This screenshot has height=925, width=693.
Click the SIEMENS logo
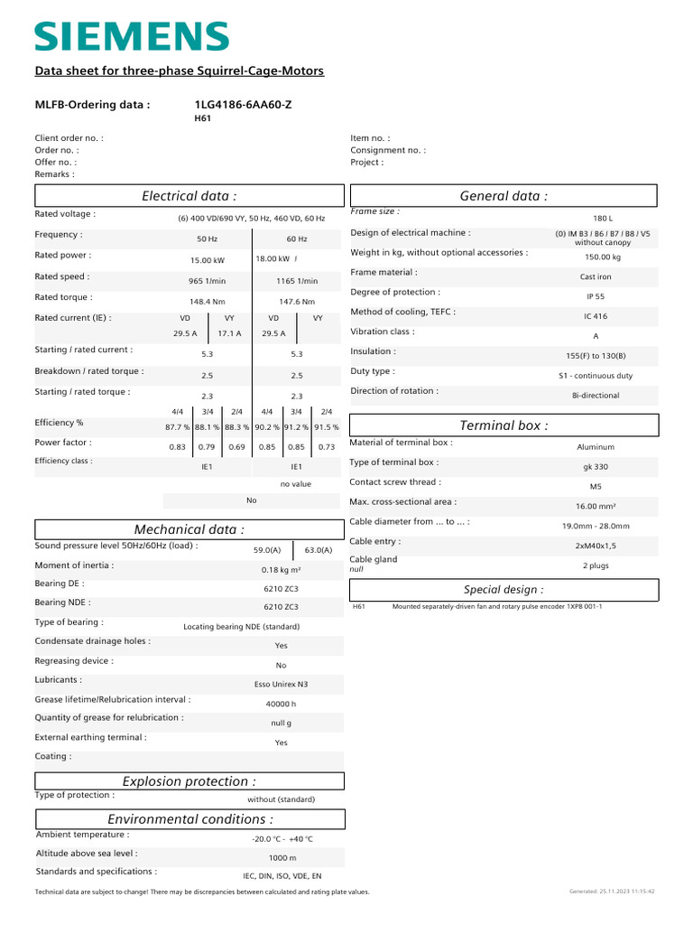(x=132, y=36)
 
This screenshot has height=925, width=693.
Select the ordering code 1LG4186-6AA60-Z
(x=243, y=105)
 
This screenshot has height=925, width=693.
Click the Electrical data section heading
(x=189, y=196)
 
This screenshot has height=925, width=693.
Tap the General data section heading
(x=504, y=196)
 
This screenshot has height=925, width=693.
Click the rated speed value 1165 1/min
(x=297, y=281)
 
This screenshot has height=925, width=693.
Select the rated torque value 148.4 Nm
(x=207, y=302)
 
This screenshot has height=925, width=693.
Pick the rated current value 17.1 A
(x=230, y=333)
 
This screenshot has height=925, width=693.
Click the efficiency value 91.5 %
(x=326, y=427)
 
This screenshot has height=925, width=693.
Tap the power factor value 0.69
(x=236, y=447)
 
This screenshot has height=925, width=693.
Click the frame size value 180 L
(x=603, y=219)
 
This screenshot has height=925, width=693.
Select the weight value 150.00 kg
(x=603, y=257)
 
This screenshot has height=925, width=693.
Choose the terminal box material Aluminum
(x=596, y=446)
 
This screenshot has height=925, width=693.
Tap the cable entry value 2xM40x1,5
(x=596, y=546)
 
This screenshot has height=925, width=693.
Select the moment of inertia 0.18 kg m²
(x=281, y=570)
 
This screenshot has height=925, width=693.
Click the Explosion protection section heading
(x=189, y=781)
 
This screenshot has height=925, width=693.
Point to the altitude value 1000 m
(x=282, y=857)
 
